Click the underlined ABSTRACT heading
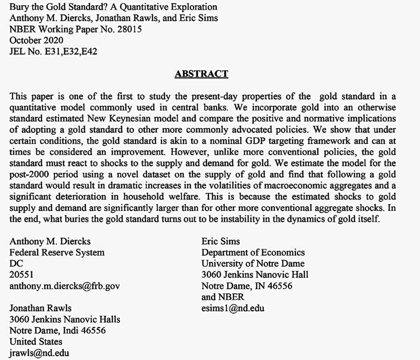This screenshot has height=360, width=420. click(x=201, y=74)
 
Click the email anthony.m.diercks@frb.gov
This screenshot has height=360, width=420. click(x=64, y=286)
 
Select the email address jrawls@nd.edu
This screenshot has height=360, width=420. click(x=39, y=353)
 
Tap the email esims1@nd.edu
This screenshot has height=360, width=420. click(x=233, y=308)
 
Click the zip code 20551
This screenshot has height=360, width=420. click(x=21, y=275)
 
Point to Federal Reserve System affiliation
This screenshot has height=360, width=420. click(x=57, y=252)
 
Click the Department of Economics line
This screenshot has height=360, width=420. click(x=253, y=252)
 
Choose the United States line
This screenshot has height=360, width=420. click(x=36, y=341)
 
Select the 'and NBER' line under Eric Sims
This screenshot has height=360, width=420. click(x=223, y=297)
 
